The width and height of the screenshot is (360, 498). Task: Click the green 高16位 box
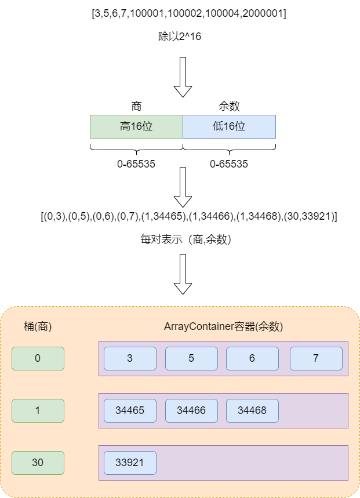[136, 126]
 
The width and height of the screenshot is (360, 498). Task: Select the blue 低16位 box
[229, 126]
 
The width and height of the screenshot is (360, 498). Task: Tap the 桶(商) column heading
[38, 326]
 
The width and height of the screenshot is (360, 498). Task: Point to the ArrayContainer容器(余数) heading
[223, 326]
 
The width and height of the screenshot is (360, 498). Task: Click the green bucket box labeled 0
[38, 358]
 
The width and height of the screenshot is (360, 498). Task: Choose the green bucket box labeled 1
[38, 410]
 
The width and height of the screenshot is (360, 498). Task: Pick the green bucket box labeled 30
[38, 463]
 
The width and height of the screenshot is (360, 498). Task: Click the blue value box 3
[130, 358]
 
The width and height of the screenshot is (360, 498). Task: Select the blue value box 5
[191, 358]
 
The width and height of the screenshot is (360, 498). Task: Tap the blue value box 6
[252, 358]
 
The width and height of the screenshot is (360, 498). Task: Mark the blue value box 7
[316, 358]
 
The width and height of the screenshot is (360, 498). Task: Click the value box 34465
[130, 410]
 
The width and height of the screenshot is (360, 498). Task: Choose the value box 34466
[191, 410]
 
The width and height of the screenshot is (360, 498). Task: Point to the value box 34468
[252, 410]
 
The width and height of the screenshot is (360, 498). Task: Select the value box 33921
[130, 463]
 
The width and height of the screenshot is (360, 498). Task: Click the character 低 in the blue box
[218, 126]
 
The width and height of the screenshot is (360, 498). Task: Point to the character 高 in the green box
[125, 126]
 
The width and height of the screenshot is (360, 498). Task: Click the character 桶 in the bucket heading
[28, 326]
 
